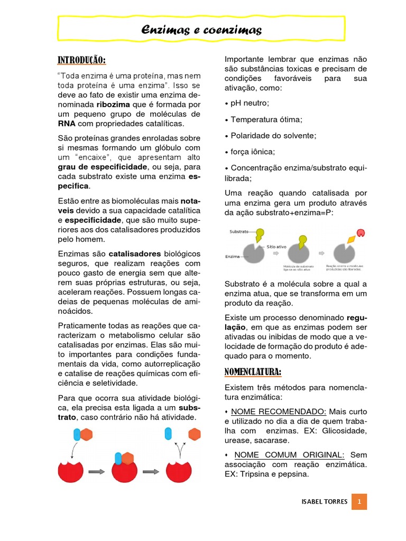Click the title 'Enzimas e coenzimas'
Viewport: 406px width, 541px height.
(x=201, y=30)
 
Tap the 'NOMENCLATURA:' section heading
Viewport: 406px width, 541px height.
(x=253, y=372)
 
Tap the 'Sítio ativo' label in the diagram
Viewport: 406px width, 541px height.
(x=277, y=246)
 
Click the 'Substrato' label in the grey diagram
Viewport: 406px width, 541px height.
(x=239, y=231)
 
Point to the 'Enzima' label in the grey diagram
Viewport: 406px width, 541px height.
(x=233, y=257)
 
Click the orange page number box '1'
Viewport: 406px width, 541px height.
(x=359, y=501)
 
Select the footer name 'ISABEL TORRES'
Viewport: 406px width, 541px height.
(x=324, y=501)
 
